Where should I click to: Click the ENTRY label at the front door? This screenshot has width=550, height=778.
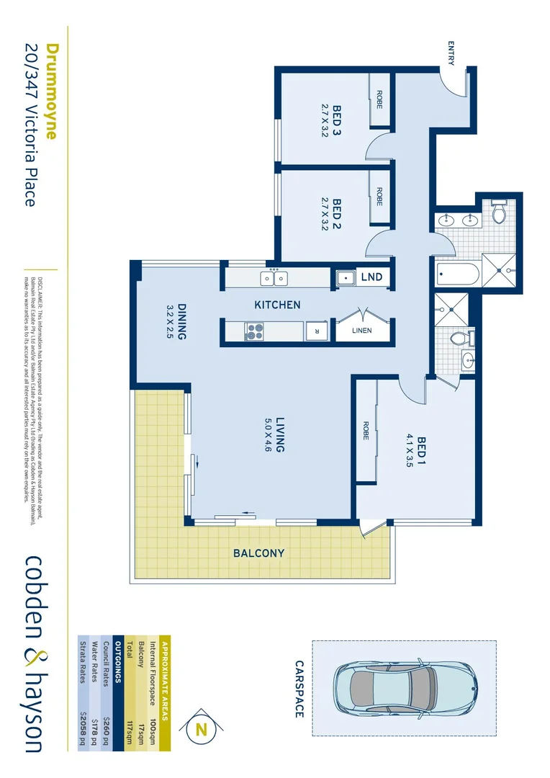[x=451, y=53]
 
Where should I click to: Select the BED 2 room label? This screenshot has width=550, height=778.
[x=336, y=214]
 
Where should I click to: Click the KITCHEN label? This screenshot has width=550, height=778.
[x=277, y=305]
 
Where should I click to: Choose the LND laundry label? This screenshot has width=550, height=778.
[x=371, y=277]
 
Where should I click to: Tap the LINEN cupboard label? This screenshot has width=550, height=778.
[x=362, y=331]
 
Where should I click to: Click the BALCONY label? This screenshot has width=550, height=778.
[x=258, y=554]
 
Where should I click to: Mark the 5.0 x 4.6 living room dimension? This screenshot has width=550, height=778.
[x=267, y=434]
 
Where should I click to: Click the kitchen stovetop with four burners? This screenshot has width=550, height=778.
[x=255, y=331]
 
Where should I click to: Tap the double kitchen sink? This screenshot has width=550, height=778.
[x=274, y=277]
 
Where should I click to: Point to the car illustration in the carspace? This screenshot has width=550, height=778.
[x=403, y=688]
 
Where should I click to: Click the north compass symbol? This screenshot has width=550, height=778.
[x=201, y=729]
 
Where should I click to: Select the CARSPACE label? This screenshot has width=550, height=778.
[x=299, y=689]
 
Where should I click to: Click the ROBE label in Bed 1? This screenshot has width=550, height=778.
[x=366, y=430]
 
